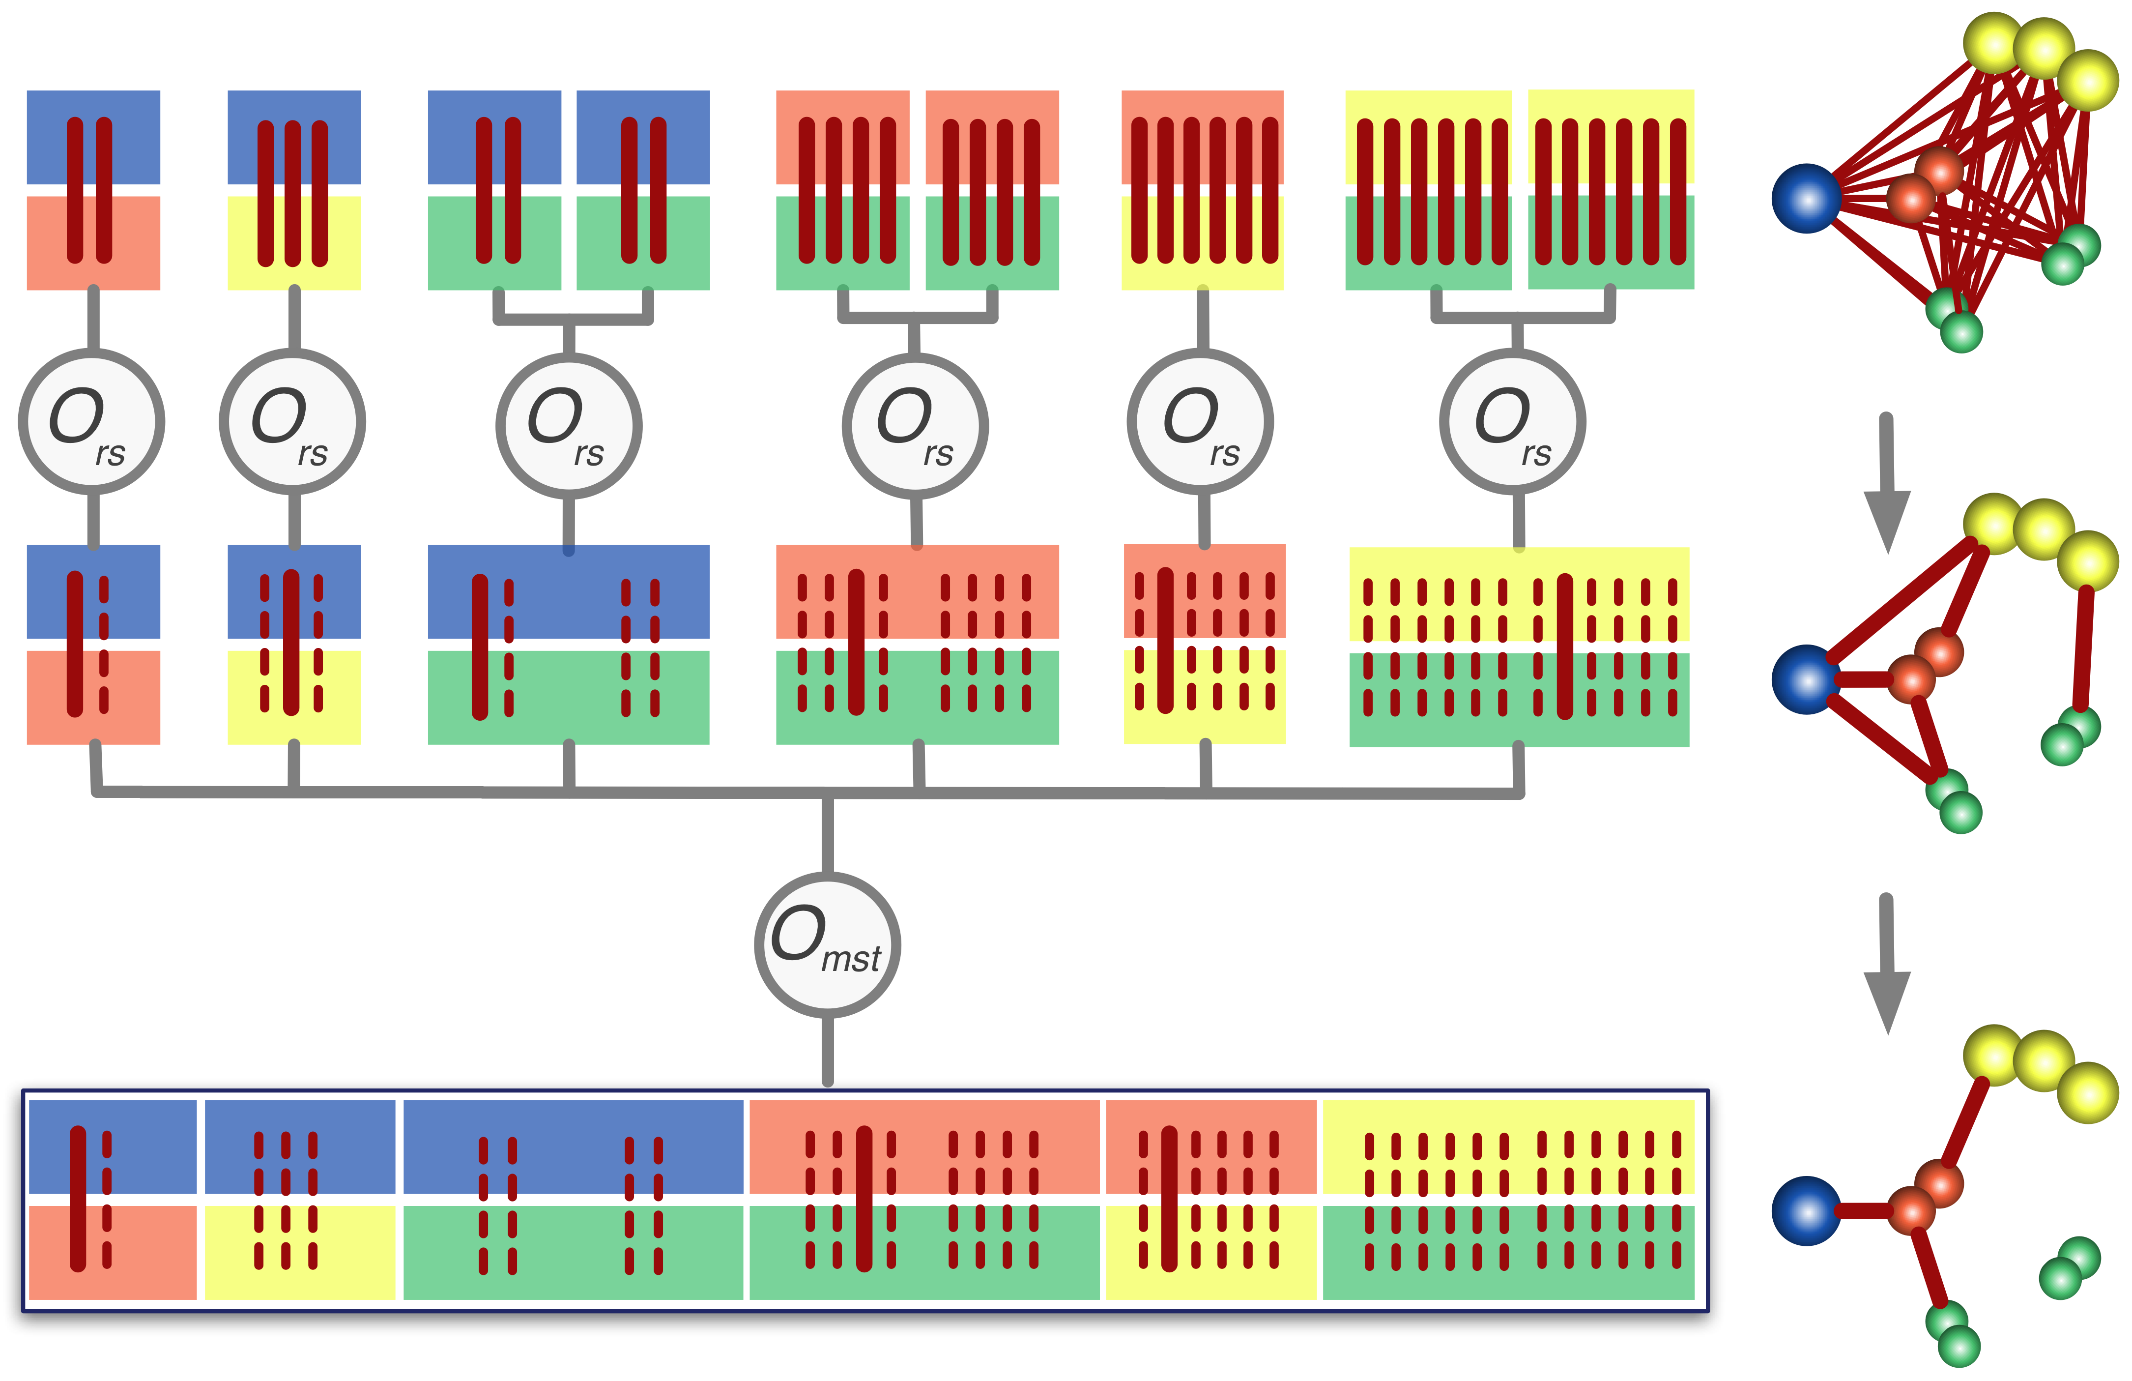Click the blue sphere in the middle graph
pyautogui.click(x=1806, y=679)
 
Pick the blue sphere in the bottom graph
pyautogui.click(x=1806, y=1211)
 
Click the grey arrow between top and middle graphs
pyautogui.click(x=1887, y=484)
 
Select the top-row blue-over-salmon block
pyautogui.click(x=93, y=190)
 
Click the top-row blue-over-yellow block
pyautogui.click(x=294, y=190)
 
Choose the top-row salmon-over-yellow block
pyautogui.click(x=1202, y=190)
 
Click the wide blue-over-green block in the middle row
pyautogui.click(x=569, y=645)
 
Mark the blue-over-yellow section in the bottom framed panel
pyautogui.click(x=300, y=1199)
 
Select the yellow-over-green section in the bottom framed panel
pyautogui.click(x=1508, y=1199)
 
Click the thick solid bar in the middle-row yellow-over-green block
pyautogui.click(x=1564, y=645)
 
